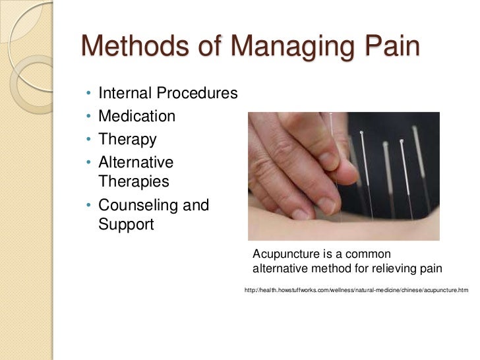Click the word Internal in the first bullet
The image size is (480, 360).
coord(125,94)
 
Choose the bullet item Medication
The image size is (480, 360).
coord(136,117)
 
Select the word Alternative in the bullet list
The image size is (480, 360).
coord(136,162)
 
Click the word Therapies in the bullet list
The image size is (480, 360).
coord(134,181)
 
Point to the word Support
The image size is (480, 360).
coord(126,224)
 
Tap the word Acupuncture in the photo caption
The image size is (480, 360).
coord(285,255)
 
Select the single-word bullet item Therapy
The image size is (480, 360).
coord(127,140)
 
